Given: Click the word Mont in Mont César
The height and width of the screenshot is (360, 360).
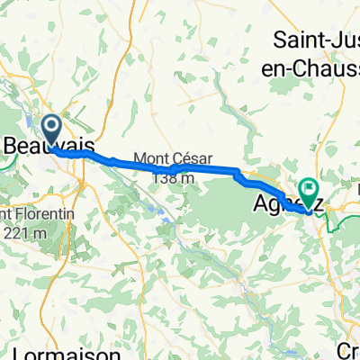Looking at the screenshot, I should click(150, 158).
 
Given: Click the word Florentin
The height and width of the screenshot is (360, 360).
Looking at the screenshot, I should click(36, 215).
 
